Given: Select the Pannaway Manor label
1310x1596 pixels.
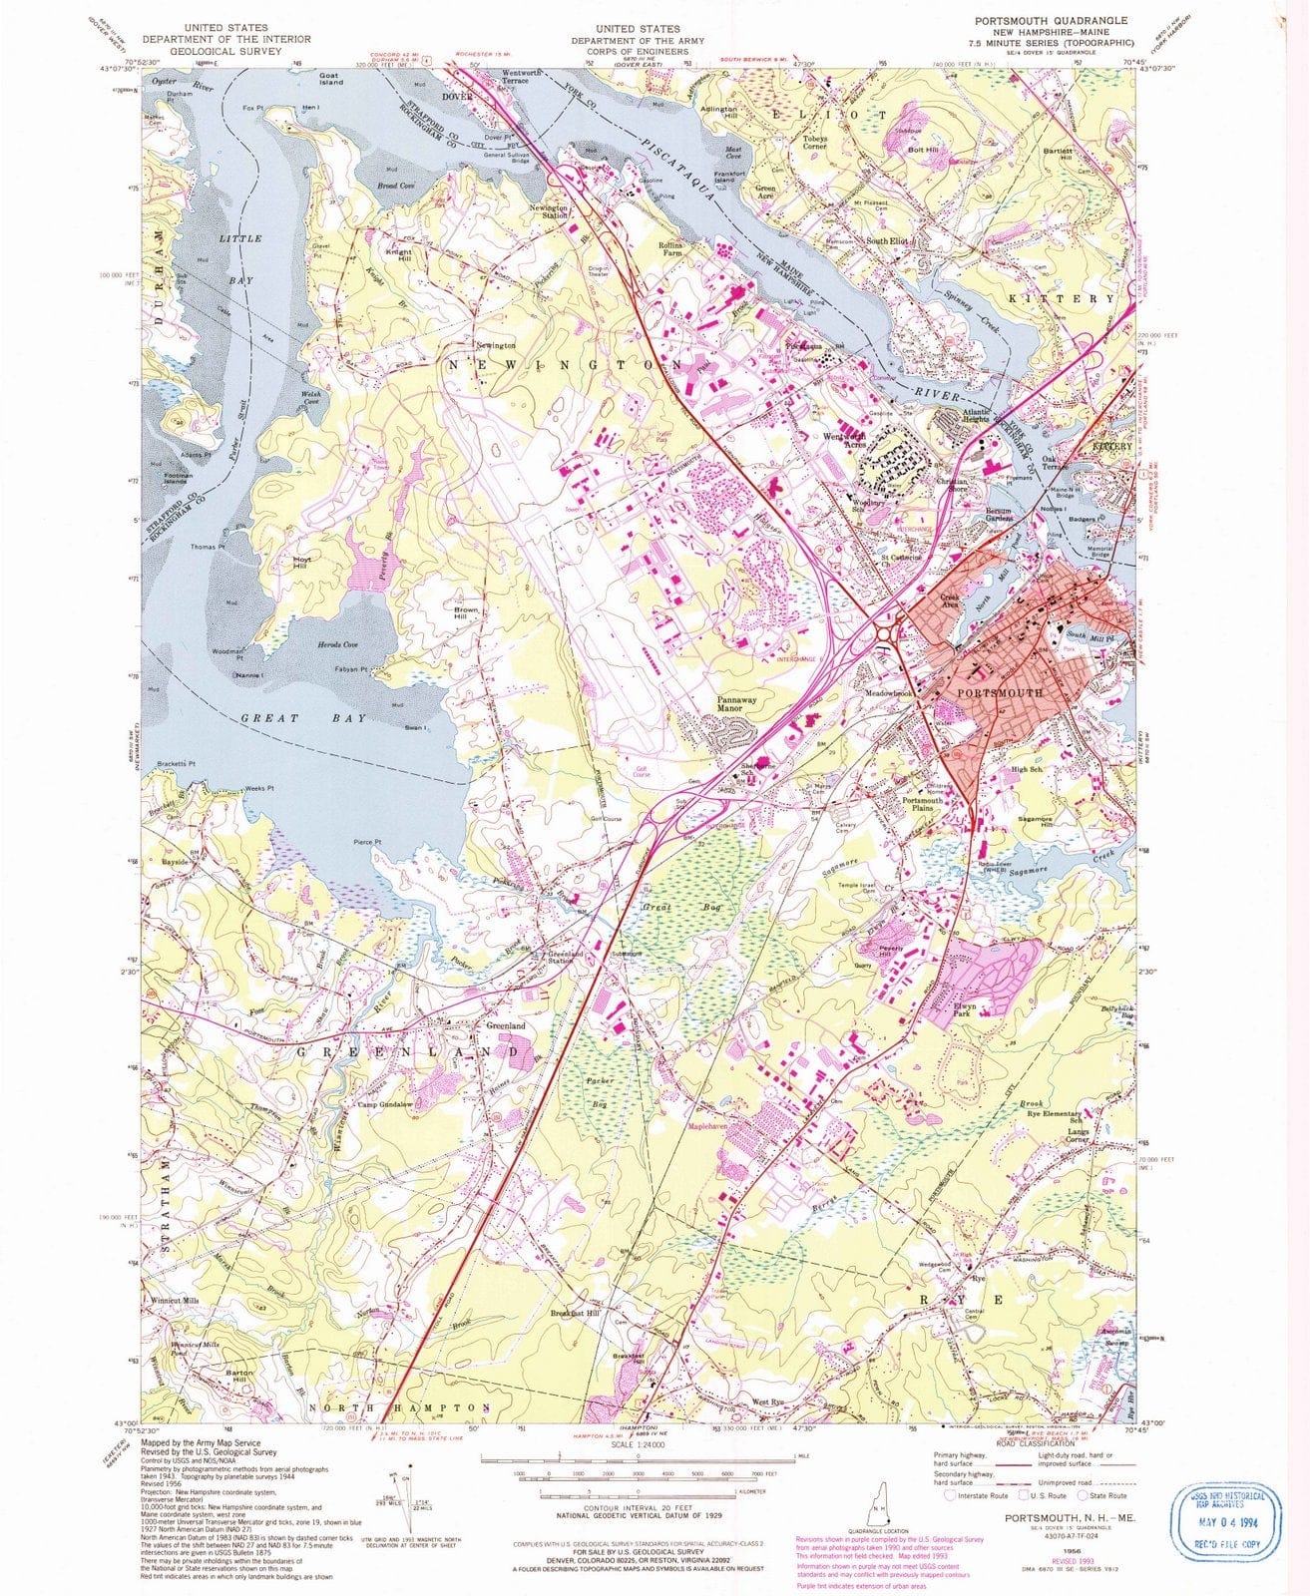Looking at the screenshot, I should pyautogui.click(x=737, y=705).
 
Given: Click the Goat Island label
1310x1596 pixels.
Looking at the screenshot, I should pyautogui.click(x=330, y=78).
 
